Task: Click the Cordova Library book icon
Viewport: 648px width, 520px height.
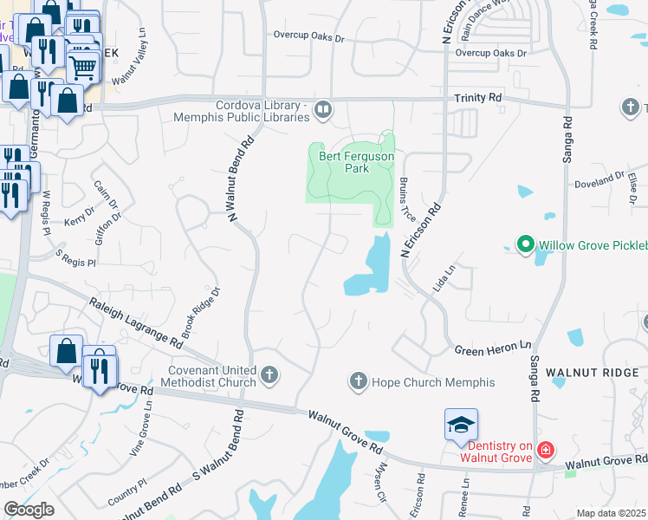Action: click(322, 109)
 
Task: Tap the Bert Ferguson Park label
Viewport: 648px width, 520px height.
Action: click(357, 162)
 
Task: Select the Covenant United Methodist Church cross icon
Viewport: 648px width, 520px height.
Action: click(269, 375)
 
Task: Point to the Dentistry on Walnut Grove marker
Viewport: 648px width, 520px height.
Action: click(545, 449)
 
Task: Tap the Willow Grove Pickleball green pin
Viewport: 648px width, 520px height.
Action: click(524, 245)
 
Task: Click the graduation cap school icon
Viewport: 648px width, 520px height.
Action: click(461, 425)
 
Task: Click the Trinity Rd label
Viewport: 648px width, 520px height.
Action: click(477, 99)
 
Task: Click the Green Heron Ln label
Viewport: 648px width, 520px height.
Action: click(492, 348)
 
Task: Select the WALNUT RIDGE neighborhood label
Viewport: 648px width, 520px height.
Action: click(594, 373)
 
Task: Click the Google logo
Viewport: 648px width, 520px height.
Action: click(29, 510)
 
